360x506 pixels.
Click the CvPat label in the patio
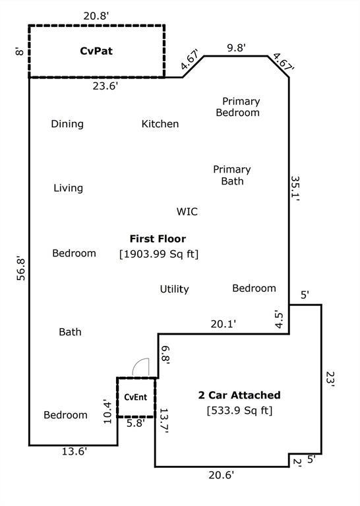(x=96, y=51)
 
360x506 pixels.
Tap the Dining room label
(x=67, y=124)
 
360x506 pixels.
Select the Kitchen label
(x=160, y=124)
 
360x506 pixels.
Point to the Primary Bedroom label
(x=238, y=107)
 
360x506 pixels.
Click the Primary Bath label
(x=232, y=175)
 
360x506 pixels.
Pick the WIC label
(x=187, y=211)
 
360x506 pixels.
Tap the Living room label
(x=68, y=188)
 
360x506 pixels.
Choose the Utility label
(x=174, y=289)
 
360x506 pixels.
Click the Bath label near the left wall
(x=70, y=332)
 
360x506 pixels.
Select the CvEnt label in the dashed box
(x=136, y=397)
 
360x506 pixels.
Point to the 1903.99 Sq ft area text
(x=159, y=254)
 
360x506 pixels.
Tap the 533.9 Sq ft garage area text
(x=239, y=410)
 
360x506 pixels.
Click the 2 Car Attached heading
(x=239, y=395)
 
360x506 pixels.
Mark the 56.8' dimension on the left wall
(x=21, y=269)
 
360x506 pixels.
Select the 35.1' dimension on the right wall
(x=295, y=188)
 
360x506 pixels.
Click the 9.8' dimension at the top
(x=236, y=47)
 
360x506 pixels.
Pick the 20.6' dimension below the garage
(x=221, y=475)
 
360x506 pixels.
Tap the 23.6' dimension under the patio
(x=105, y=86)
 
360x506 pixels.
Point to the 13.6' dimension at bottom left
(x=75, y=451)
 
